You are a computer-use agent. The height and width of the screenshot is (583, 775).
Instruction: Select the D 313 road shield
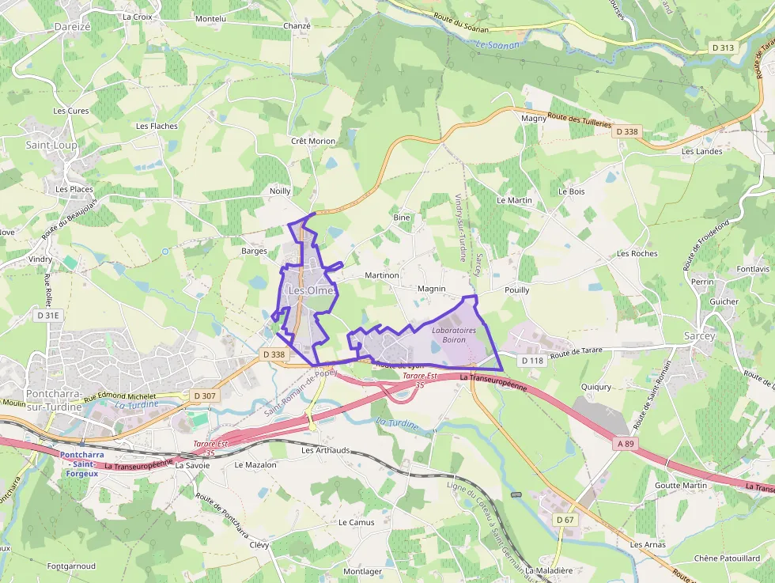point(723,47)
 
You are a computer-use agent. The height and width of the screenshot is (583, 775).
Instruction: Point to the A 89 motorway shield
point(626,445)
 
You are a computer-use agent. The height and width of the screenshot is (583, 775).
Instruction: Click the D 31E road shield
point(48,315)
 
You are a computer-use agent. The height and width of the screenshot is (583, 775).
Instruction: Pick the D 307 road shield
point(204,395)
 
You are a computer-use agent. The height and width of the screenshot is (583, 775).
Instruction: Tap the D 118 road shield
point(533,361)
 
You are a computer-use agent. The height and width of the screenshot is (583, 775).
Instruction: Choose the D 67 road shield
point(564,519)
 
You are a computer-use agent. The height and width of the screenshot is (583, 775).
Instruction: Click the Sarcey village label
point(699,335)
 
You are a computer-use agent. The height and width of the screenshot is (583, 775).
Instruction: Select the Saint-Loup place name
point(51,146)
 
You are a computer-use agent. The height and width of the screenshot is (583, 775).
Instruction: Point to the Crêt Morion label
point(313,141)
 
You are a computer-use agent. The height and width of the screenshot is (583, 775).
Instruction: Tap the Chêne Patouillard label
point(727,558)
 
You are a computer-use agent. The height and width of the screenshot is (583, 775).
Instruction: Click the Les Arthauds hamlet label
point(325,450)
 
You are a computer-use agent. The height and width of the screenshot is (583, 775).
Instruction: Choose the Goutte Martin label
point(681,485)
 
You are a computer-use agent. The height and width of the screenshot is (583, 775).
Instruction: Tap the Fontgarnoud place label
point(71,566)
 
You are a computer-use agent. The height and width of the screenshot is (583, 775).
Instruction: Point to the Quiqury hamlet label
point(595,387)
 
